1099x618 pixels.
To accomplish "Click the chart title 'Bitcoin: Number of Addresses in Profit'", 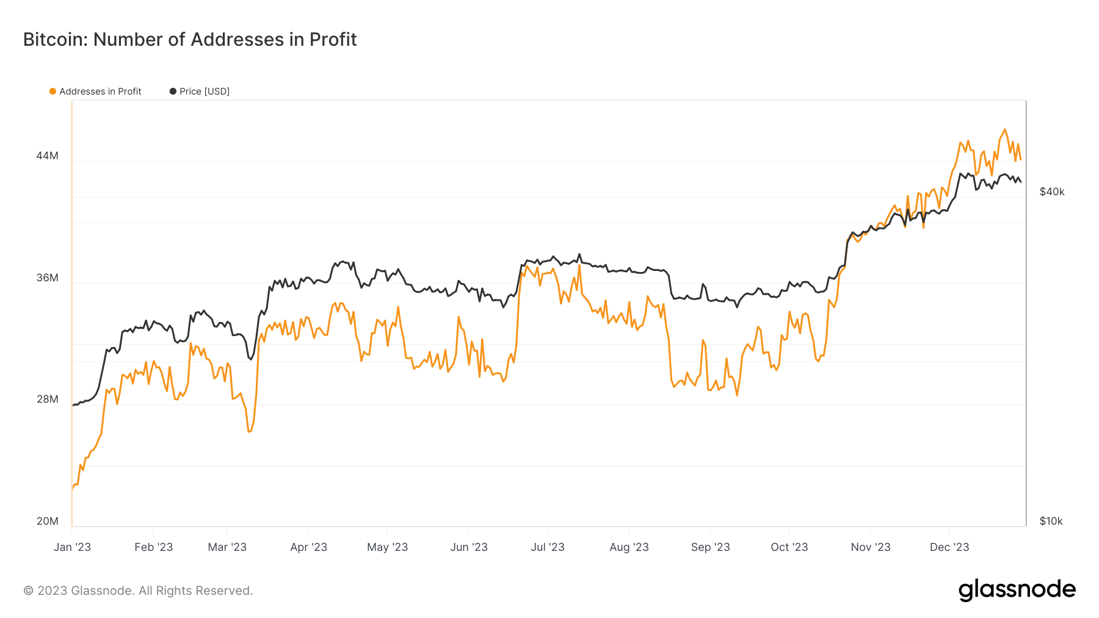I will pos(190,40).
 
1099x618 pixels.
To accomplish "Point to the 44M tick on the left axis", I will pos(47,156).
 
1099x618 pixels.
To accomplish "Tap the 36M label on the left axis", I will pos(47,278).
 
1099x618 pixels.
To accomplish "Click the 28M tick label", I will pos(47,399).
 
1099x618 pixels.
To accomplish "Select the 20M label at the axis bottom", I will pos(47,521).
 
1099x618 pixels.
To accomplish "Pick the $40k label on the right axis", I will pos(1051,192).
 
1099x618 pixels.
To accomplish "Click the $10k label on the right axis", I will pos(1051,521).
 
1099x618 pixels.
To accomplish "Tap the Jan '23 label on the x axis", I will pos(72,547).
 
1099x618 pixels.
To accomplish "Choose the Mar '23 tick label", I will pos(227,547).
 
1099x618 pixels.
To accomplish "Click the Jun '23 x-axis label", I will pos(468,547).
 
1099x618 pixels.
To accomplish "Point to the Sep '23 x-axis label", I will pos(710,547).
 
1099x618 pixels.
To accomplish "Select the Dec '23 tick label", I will pos(949,547).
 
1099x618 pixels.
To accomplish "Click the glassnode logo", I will pos(1017,590).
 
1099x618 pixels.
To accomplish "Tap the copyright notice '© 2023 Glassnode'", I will pos(138,591).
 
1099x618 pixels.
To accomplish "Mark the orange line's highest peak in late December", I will pos(1005,129).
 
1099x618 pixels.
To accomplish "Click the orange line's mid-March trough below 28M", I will pos(248,432).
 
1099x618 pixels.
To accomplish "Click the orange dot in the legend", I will pos(53,92).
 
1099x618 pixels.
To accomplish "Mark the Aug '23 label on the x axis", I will pos(629,547).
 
